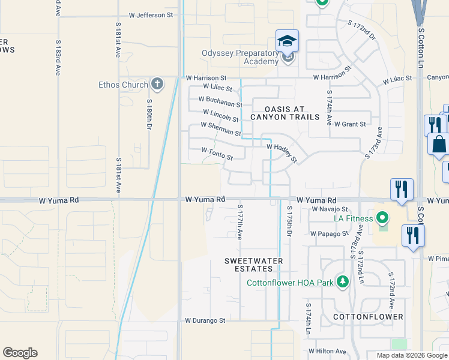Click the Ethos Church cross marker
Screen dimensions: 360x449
[x=157, y=84]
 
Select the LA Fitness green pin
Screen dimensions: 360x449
[x=383, y=217]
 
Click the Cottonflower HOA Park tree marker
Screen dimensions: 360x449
[x=342, y=281]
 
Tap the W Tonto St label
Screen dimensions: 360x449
[x=217, y=154]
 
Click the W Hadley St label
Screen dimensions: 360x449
[x=282, y=152]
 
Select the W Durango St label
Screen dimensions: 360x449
[x=205, y=320]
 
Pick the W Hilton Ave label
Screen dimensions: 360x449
[x=328, y=351]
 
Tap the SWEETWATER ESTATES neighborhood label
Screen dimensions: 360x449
[x=253, y=265]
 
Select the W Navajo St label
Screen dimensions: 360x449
[x=330, y=209]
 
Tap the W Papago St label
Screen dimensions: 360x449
[x=330, y=233]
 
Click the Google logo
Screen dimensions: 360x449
[x=20, y=353]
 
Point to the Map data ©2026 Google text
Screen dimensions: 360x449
[x=411, y=355]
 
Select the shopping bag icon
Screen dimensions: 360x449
[x=439, y=144]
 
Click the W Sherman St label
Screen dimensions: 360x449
[x=220, y=129]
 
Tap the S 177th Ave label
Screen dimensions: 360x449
[x=239, y=221]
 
